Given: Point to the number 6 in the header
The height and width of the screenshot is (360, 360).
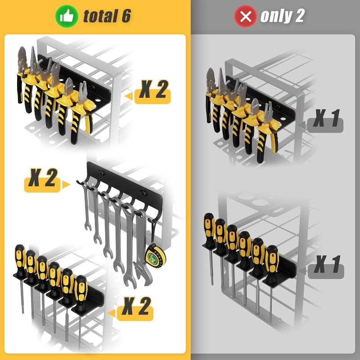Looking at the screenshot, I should (x=126, y=17).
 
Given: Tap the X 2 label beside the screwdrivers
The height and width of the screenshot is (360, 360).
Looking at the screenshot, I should (x=136, y=308).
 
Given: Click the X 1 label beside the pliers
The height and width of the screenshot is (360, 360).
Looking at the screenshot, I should (x=326, y=120).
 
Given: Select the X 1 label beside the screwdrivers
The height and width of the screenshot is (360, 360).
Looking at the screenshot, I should (x=326, y=265).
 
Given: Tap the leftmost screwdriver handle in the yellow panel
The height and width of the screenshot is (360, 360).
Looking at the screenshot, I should (x=20, y=261).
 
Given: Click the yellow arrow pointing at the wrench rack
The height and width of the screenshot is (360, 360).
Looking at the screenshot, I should (x=67, y=184).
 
